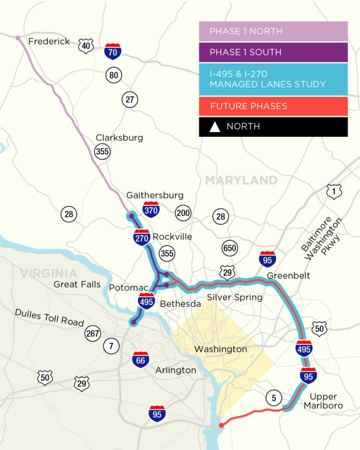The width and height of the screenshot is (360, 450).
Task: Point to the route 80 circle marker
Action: tap(114, 75)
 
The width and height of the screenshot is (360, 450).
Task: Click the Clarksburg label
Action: tap(119, 137)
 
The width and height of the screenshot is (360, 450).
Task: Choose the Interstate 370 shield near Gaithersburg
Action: tap(150, 210)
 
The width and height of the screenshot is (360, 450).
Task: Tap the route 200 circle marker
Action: tap(183, 213)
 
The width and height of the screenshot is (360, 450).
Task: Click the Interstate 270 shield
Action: tap(142, 237)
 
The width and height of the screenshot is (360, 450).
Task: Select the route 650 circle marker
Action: tap(229, 248)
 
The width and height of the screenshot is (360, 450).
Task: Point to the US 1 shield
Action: tap(334, 192)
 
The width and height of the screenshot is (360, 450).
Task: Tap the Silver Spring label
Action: tap(234, 297)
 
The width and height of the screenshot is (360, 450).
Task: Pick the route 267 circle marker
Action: tap(93, 333)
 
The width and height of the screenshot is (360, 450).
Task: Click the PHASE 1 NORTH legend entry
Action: tap(273, 32)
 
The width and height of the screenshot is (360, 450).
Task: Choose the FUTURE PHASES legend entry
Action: tap(273, 106)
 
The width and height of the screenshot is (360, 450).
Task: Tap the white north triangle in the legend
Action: tap(215, 127)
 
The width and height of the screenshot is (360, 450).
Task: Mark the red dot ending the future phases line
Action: tap(221, 424)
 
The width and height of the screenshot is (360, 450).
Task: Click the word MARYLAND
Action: tap(241, 180)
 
